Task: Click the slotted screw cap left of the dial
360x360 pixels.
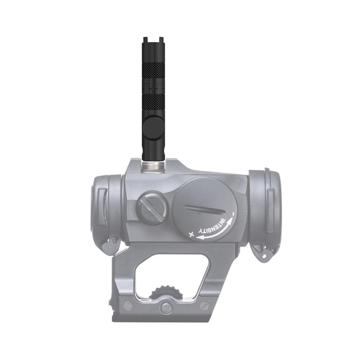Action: pyautogui.click(x=151, y=208)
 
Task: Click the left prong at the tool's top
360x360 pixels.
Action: pyautogui.click(x=145, y=39)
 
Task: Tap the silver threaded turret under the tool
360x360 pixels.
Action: pyautogui.click(x=154, y=165)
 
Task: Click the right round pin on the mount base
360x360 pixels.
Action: pyautogui.click(x=204, y=306)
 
